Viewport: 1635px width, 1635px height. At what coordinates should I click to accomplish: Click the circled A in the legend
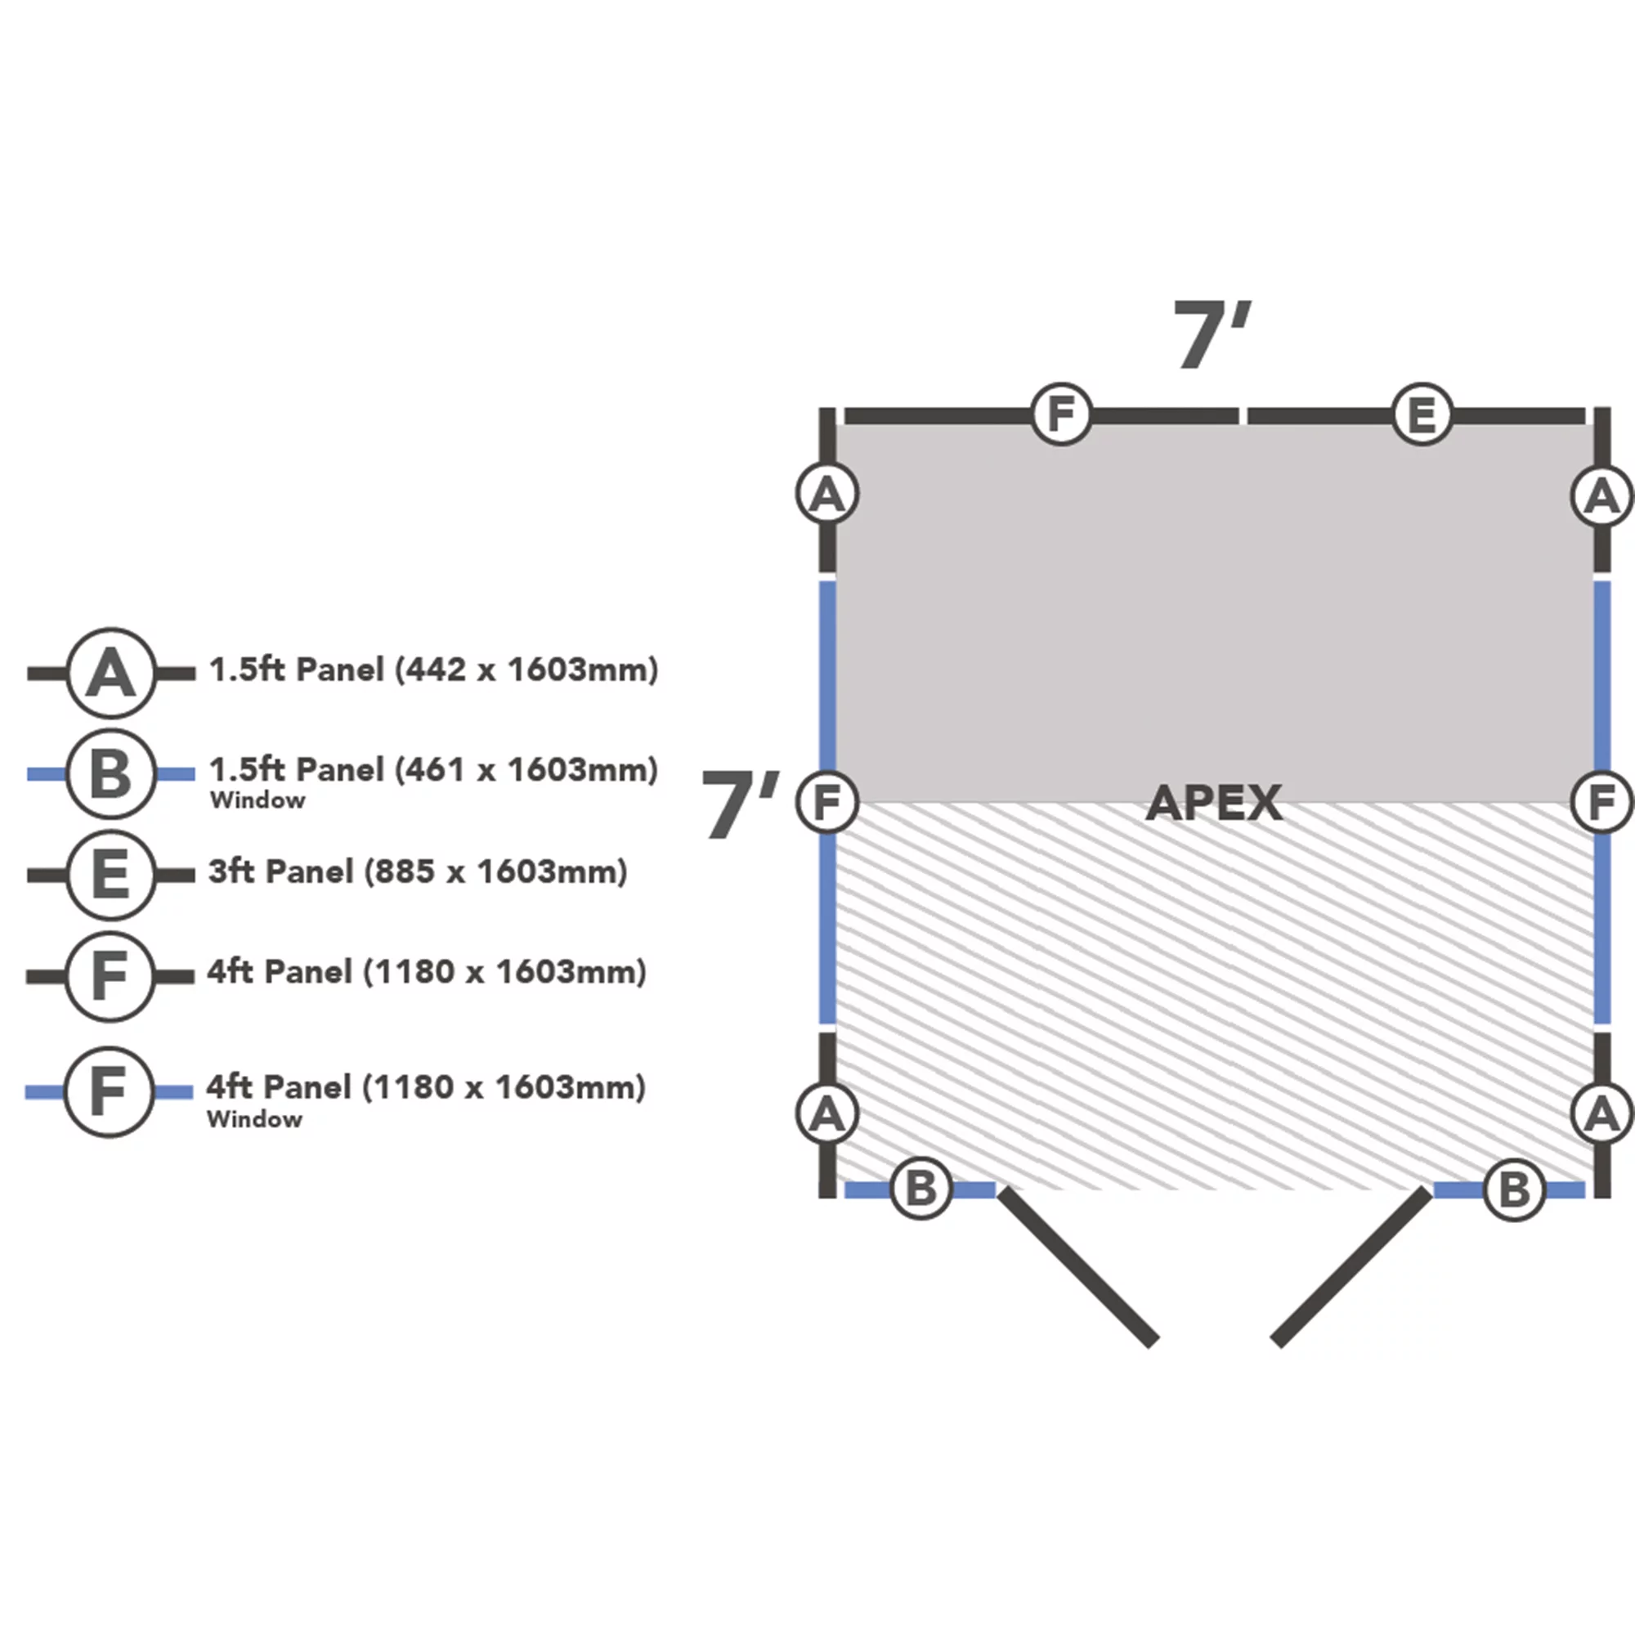[111, 674]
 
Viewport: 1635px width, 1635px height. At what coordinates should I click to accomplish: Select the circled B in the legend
[111, 773]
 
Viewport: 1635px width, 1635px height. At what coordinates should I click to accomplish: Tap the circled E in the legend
[111, 874]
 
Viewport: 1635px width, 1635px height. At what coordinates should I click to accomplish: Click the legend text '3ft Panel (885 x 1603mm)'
[417, 871]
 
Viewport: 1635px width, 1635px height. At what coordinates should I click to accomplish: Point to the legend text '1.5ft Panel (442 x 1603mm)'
[433, 670]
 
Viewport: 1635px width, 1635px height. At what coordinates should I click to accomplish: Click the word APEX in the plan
[1213, 802]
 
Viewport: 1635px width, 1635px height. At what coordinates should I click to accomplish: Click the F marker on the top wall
[1061, 414]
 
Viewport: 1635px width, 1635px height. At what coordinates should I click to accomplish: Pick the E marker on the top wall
[1422, 414]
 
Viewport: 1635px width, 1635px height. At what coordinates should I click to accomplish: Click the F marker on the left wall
[827, 802]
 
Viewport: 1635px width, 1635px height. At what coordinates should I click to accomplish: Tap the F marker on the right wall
[1601, 802]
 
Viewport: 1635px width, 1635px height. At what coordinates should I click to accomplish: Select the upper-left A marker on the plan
[827, 495]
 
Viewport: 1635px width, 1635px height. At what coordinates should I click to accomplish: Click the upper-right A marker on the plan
[1601, 496]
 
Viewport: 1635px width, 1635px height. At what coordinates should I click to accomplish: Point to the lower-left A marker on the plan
[827, 1113]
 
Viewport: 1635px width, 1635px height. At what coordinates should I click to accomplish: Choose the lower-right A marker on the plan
[1601, 1113]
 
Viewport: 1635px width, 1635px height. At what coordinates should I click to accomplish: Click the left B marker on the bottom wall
[921, 1189]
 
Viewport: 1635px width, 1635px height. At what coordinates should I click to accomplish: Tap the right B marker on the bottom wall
[1514, 1189]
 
